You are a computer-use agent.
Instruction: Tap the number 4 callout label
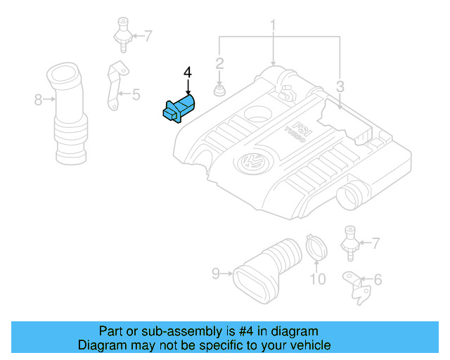tap(188, 73)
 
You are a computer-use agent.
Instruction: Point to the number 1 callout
tap(272, 27)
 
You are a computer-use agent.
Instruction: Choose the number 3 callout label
tap(340, 87)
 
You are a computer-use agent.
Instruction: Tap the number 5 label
tap(136, 94)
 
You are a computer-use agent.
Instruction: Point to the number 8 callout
tap(39, 101)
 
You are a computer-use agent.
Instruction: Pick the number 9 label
tap(216, 273)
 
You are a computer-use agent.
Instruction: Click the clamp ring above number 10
tap(316, 248)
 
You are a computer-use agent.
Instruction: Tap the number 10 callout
tap(318, 280)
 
